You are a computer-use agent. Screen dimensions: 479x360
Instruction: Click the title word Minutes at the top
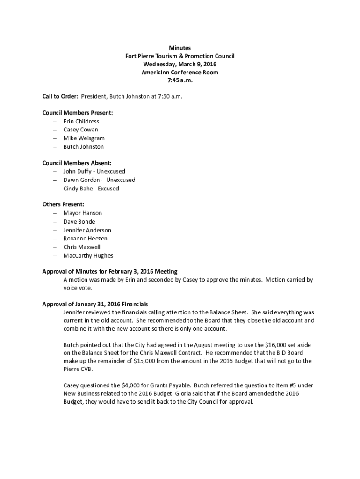pyautogui.click(x=180, y=48)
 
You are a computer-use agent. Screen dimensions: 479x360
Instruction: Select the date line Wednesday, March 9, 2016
pyautogui.click(x=180, y=64)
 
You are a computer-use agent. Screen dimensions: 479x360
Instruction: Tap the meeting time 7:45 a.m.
pyautogui.click(x=180, y=80)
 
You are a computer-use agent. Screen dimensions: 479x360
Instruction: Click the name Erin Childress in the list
pyautogui.click(x=81, y=121)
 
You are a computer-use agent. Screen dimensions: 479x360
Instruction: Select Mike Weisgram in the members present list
pyautogui.click(x=84, y=138)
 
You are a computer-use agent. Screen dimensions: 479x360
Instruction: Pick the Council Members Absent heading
pyautogui.click(x=77, y=163)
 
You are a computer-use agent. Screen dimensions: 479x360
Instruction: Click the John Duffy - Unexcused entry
pyautogui.click(x=94, y=172)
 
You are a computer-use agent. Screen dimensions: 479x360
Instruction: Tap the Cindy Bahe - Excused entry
pyautogui.click(x=91, y=189)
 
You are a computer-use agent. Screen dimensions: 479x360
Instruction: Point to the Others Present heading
pyautogui.click(x=63, y=204)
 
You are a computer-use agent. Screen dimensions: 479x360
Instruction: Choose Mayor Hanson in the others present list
pyautogui.click(x=83, y=213)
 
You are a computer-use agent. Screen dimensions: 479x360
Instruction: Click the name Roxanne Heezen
pyautogui.click(x=85, y=239)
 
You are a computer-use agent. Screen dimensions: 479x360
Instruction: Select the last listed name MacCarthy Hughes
pyautogui.click(x=88, y=255)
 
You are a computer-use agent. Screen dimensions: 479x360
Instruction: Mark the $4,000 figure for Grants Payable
pyautogui.click(x=131, y=385)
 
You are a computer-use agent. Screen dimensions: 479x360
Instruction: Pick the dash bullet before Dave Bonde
pyautogui.click(x=55, y=222)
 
